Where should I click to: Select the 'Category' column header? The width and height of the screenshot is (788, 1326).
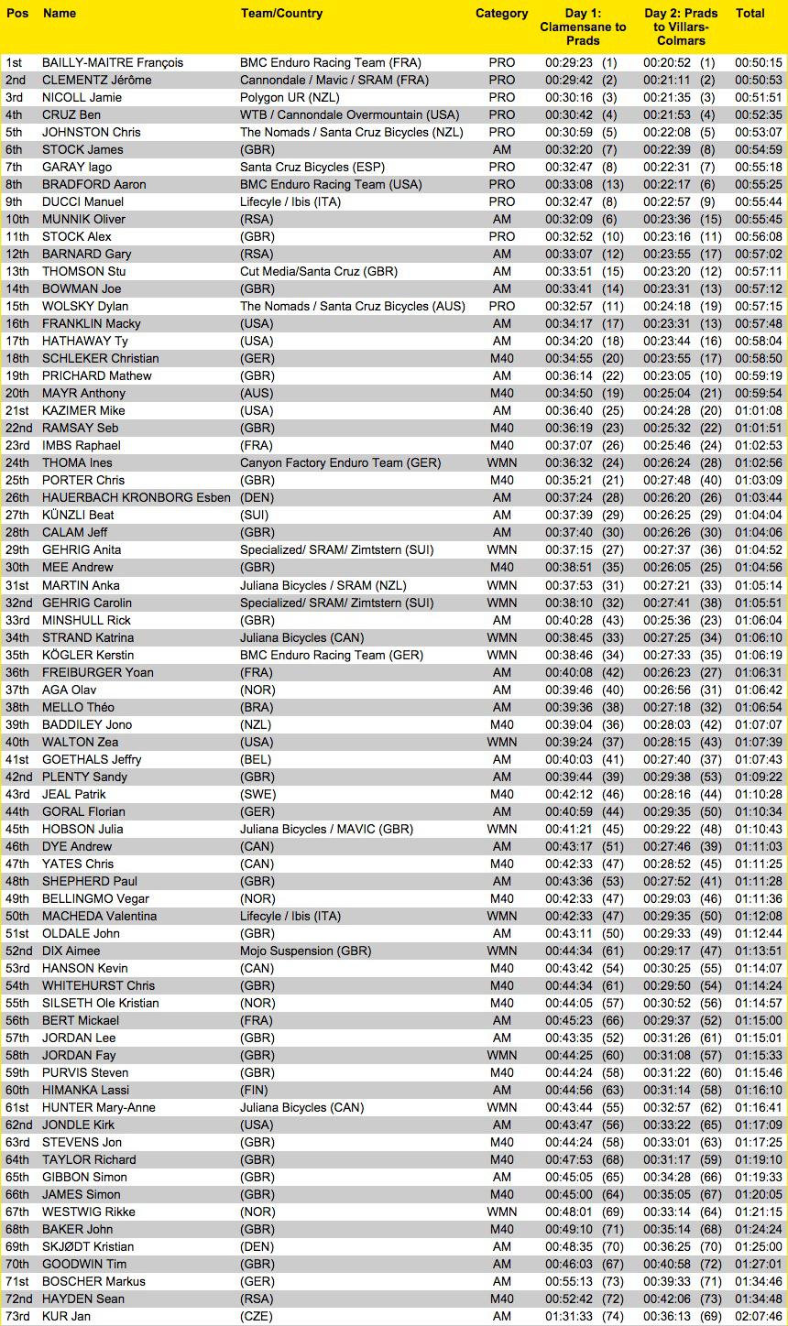[501, 14]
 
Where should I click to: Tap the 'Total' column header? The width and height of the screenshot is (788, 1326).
[750, 14]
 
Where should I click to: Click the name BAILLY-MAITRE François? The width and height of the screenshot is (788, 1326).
[113, 63]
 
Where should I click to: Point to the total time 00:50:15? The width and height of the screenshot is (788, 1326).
[758, 63]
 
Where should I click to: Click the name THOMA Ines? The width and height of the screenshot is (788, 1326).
[77, 463]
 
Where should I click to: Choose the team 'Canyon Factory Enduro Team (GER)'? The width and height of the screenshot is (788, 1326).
[340, 463]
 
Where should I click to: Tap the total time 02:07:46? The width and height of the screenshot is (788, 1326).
[758, 1317]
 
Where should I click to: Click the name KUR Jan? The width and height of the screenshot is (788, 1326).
[67, 1317]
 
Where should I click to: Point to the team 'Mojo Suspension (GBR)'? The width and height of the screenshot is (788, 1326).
[298, 951]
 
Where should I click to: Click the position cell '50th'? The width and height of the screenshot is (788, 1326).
[17, 917]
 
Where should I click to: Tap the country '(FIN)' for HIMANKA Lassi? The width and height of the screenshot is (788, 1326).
[254, 1091]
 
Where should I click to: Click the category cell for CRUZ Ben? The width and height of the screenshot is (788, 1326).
[501, 115]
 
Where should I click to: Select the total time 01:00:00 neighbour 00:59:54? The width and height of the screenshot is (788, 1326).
[758, 394]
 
